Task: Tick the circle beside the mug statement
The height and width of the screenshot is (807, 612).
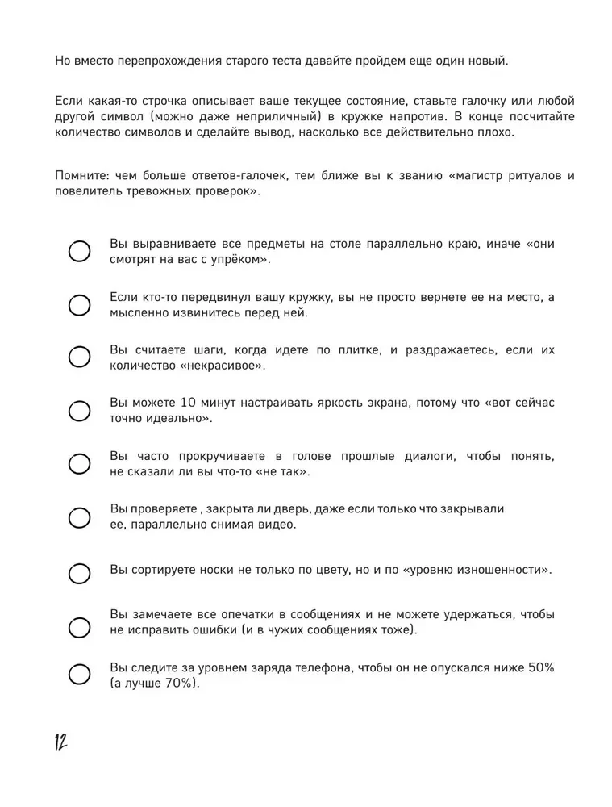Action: (79, 305)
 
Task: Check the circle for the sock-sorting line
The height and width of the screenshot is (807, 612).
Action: (79, 573)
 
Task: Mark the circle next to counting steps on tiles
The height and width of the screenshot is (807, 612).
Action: (79, 358)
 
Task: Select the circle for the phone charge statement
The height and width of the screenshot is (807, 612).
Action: (79, 675)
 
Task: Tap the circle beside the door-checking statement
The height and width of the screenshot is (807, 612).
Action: (79, 517)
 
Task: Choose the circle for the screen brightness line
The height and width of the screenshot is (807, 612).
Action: (79, 411)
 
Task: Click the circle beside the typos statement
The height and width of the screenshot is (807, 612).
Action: (79, 626)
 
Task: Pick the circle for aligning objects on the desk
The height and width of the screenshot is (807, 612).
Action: (79, 252)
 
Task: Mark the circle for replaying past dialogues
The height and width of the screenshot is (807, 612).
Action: (79, 464)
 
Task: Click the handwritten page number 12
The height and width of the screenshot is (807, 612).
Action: (60, 742)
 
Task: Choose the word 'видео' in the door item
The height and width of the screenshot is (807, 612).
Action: (277, 525)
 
